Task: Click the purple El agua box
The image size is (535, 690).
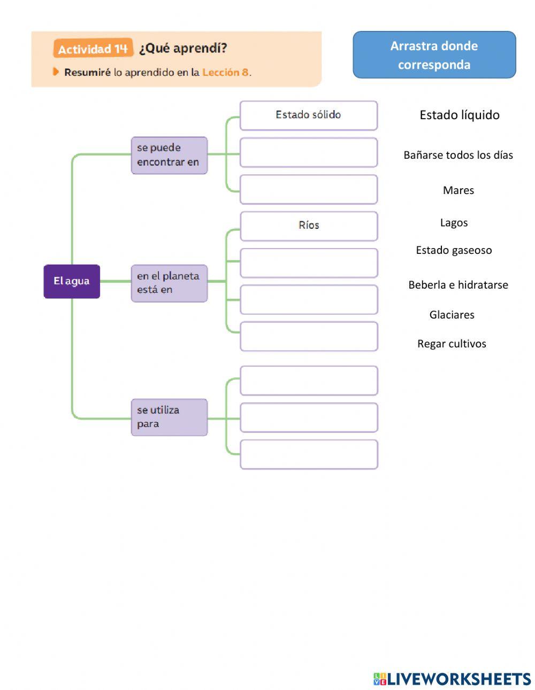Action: (72, 281)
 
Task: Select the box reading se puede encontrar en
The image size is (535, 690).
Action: (169, 155)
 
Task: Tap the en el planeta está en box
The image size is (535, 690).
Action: (169, 283)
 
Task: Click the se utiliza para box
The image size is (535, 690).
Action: (169, 417)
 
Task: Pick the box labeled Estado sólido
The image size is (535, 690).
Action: (309, 115)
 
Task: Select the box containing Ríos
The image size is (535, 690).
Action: (309, 226)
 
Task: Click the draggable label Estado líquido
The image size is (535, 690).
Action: (460, 115)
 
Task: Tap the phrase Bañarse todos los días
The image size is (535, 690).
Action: (458, 155)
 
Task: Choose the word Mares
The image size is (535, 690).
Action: (458, 190)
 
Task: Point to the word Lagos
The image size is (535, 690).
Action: (454, 223)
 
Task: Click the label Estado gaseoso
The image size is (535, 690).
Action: (454, 250)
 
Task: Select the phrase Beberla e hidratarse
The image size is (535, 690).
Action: (458, 285)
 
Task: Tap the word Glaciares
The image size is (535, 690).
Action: (452, 315)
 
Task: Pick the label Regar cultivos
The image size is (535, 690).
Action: (452, 344)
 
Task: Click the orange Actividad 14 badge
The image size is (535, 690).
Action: (93, 49)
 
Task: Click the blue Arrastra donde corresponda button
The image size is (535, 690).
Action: (434, 55)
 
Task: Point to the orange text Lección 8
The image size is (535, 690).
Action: (225, 72)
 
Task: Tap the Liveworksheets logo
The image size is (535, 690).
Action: (452, 679)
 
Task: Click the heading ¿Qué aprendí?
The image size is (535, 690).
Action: (183, 48)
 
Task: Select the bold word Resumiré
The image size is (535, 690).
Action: (87, 72)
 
